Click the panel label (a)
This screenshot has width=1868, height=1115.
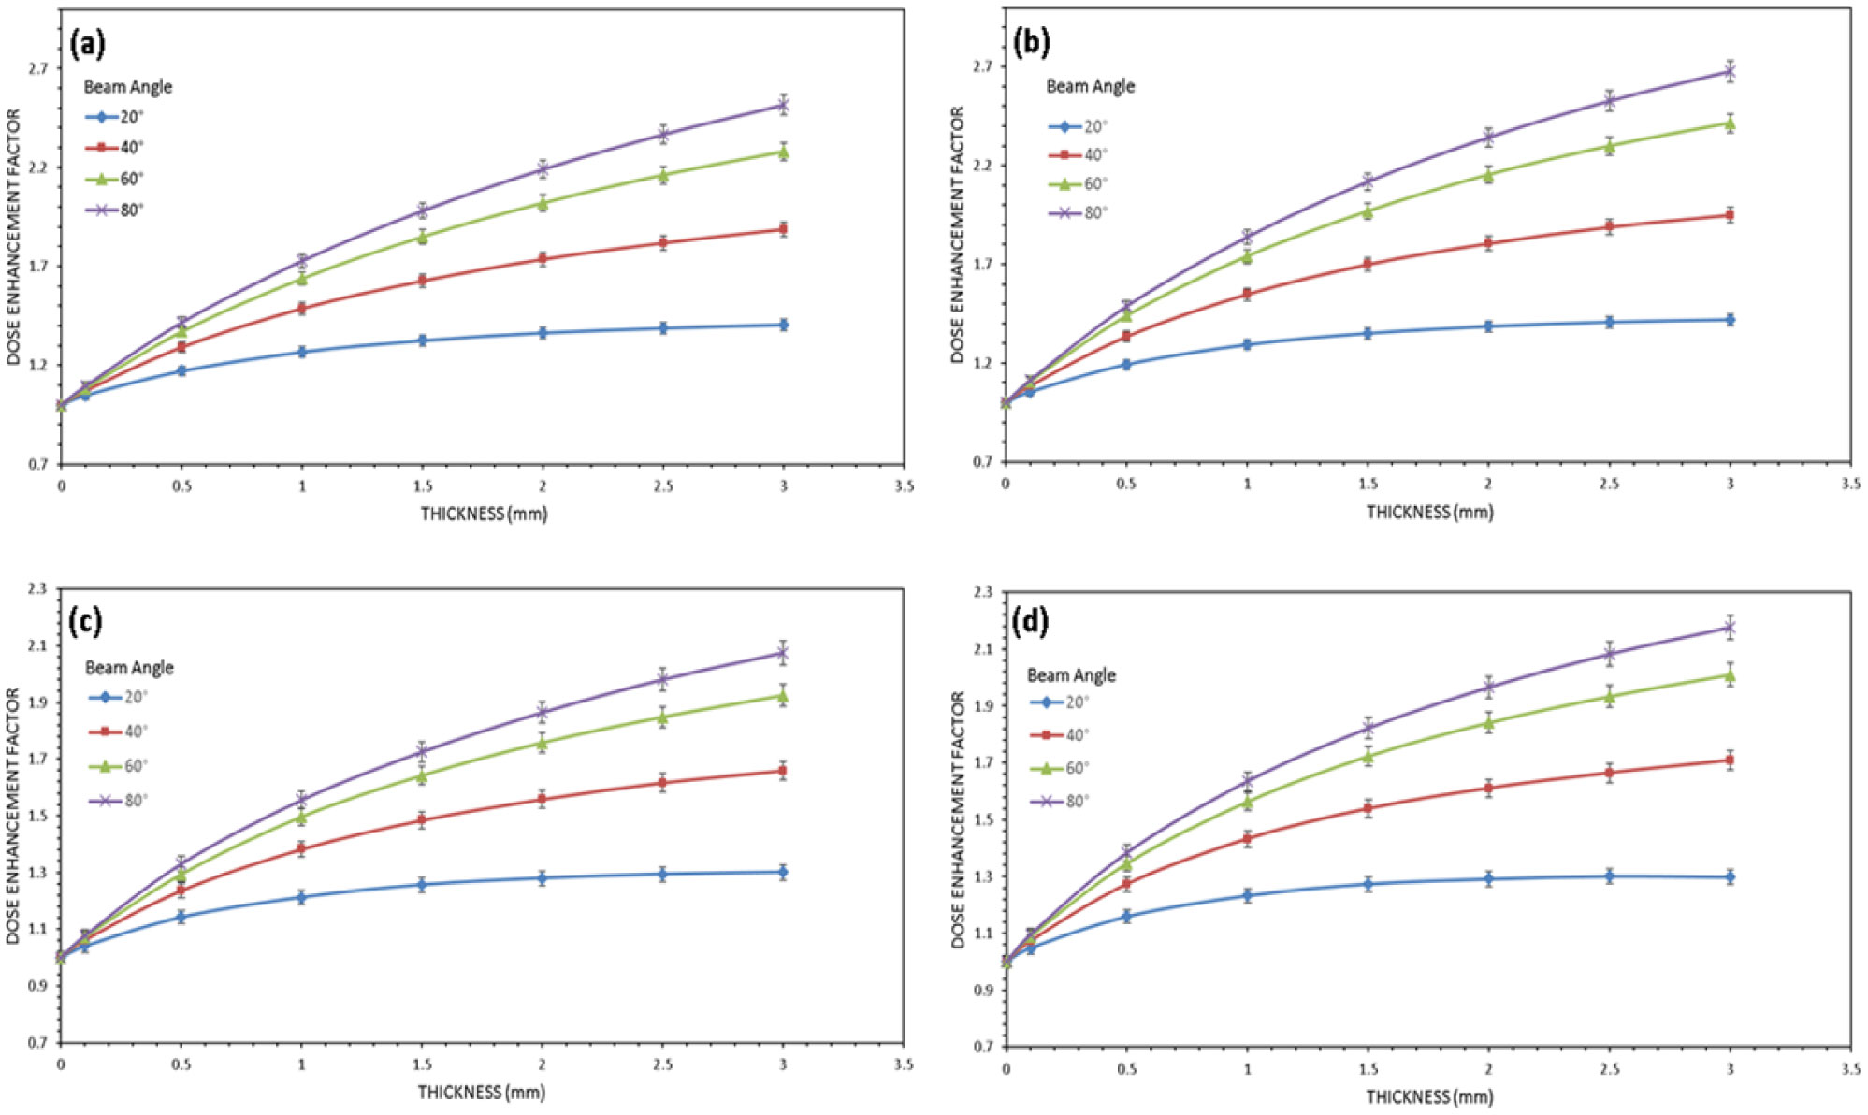[x=87, y=43]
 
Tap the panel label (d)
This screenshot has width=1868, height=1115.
[x=1031, y=621]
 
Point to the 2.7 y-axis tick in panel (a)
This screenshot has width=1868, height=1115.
[x=38, y=68]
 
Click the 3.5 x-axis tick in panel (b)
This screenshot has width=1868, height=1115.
[x=1850, y=484]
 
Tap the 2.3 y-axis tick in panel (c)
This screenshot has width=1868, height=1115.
[x=37, y=589]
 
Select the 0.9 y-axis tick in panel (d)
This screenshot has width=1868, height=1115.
[x=983, y=990]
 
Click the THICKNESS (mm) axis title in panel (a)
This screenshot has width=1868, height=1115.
[x=484, y=514]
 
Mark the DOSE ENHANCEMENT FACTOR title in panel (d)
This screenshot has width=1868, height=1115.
[x=958, y=819]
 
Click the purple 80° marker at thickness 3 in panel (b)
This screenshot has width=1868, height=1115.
[x=1730, y=71]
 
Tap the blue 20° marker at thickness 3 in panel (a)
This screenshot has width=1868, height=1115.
[x=783, y=325]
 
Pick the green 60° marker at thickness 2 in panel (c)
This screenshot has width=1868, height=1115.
[x=543, y=743]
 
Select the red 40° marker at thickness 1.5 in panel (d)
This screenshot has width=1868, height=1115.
[x=1368, y=808]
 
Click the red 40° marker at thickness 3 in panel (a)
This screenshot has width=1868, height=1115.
[x=783, y=229]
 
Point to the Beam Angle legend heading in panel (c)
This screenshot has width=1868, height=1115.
[x=129, y=668]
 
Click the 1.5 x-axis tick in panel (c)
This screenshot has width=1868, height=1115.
[x=423, y=1064]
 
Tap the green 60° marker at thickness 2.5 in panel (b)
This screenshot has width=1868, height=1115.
[x=1609, y=145]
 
